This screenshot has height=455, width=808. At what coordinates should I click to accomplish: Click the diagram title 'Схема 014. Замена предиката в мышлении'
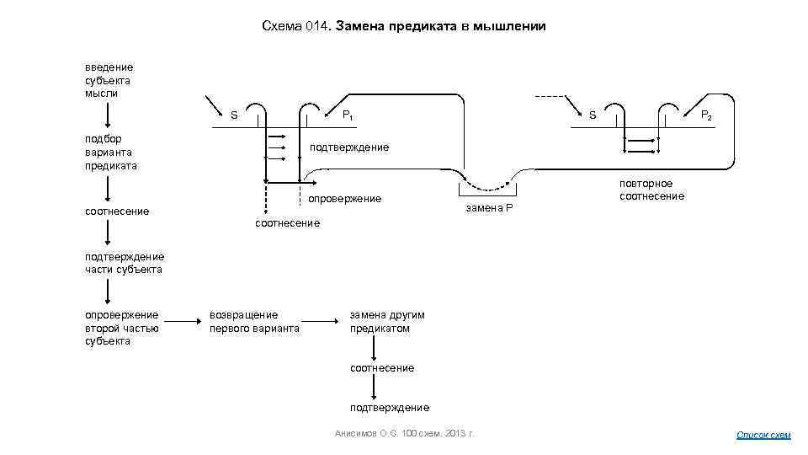[404, 27]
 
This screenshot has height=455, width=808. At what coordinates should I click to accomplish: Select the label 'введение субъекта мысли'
[109, 80]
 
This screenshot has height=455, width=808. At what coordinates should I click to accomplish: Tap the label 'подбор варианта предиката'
[111, 153]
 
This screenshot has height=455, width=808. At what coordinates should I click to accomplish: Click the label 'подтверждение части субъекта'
[124, 263]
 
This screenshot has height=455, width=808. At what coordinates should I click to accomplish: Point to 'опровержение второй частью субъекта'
[121, 328]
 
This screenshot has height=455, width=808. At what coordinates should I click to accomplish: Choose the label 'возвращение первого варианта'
[254, 322]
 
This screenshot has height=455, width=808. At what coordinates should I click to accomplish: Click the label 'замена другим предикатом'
[387, 322]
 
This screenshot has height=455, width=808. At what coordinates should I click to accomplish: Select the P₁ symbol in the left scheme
[347, 115]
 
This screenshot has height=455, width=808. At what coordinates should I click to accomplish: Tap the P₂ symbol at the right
[707, 115]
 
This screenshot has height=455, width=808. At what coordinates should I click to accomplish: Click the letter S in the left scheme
[234, 115]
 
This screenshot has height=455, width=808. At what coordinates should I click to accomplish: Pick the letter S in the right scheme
[592, 115]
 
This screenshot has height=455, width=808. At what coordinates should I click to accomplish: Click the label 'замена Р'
[488, 207]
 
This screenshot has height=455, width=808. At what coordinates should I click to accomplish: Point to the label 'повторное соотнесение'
[651, 190]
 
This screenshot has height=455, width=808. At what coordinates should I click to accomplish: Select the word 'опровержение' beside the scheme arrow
[345, 199]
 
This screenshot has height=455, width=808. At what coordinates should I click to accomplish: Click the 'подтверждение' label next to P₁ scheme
[349, 147]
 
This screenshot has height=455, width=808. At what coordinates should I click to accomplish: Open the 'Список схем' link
[763, 435]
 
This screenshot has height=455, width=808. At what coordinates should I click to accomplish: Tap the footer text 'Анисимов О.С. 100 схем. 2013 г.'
[404, 433]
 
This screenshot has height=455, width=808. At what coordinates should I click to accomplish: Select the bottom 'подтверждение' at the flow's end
[390, 408]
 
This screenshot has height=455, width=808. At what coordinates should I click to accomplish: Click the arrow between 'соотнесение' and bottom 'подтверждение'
[374, 388]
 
